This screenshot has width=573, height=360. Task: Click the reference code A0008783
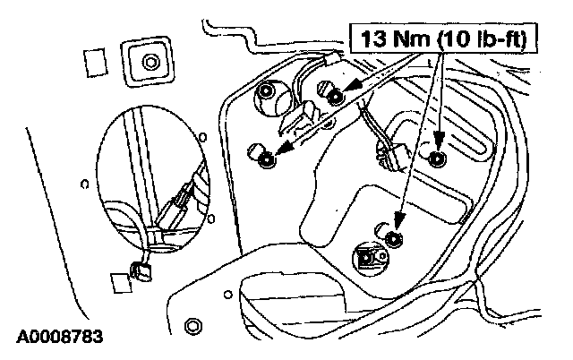click(59, 339)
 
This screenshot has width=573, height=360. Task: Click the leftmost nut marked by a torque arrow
click(266, 160)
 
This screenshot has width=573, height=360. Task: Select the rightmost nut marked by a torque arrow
click(437, 159)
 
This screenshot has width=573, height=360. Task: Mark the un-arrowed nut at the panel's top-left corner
click(267, 91)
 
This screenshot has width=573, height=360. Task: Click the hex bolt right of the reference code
click(191, 323)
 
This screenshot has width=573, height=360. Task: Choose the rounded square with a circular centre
click(147, 62)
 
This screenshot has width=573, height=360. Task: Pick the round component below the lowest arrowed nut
click(368, 258)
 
